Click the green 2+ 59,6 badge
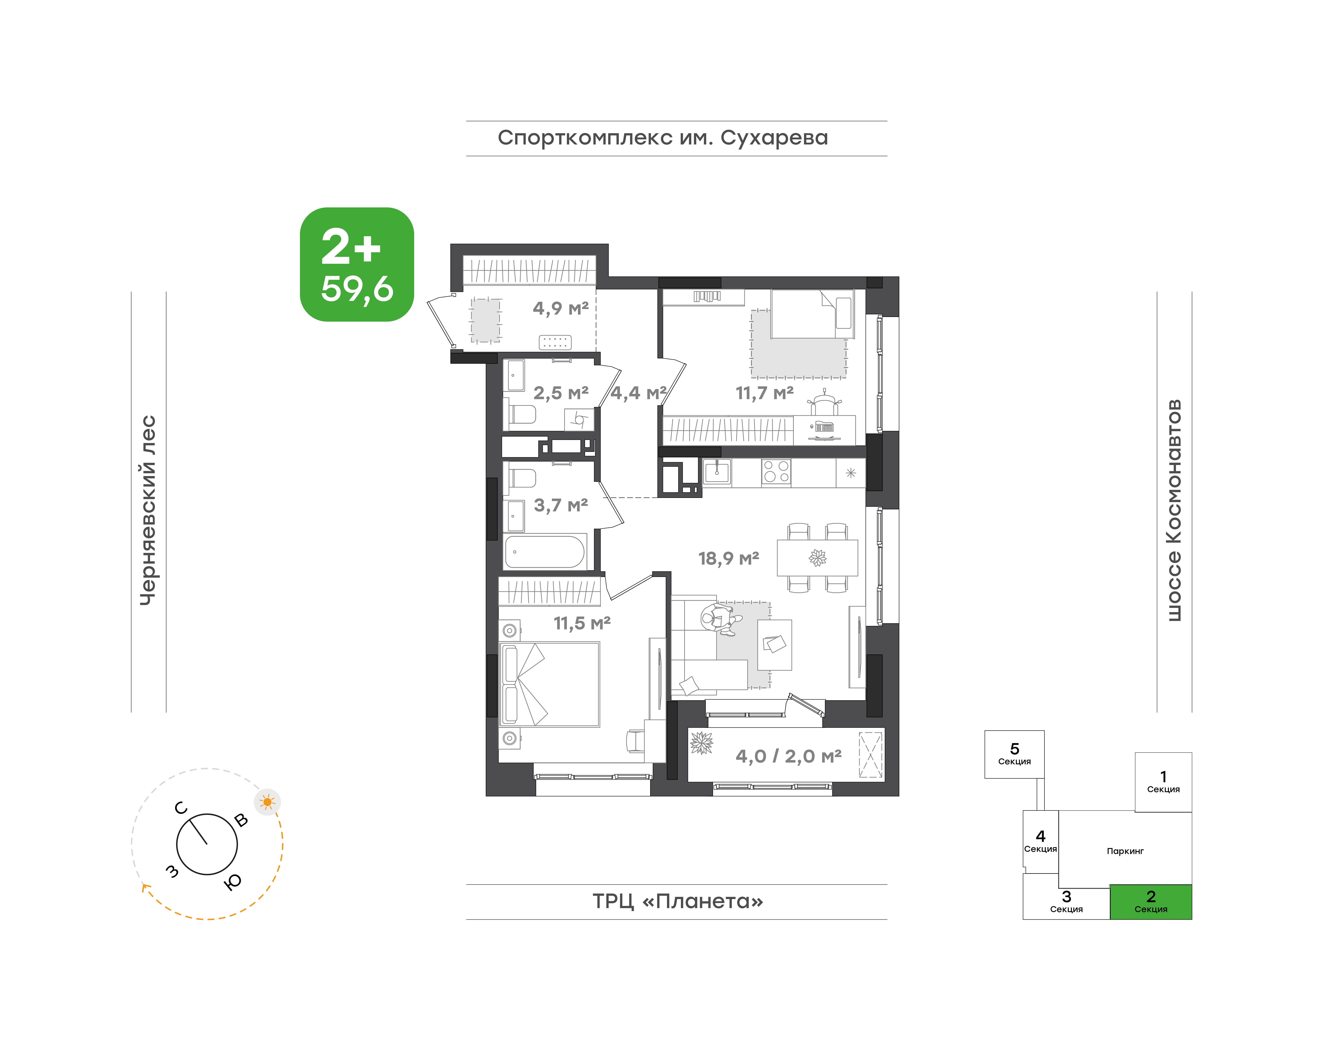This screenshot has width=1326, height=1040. [357, 264]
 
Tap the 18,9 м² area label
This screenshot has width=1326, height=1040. [728, 558]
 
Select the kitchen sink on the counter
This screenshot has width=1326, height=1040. [718, 472]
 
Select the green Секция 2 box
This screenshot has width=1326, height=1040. [1151, 902]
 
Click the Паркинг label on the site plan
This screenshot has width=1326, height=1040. [1125, 851]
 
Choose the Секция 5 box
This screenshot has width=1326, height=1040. [1014, 754]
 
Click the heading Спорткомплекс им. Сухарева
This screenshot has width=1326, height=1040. [663, 138]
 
